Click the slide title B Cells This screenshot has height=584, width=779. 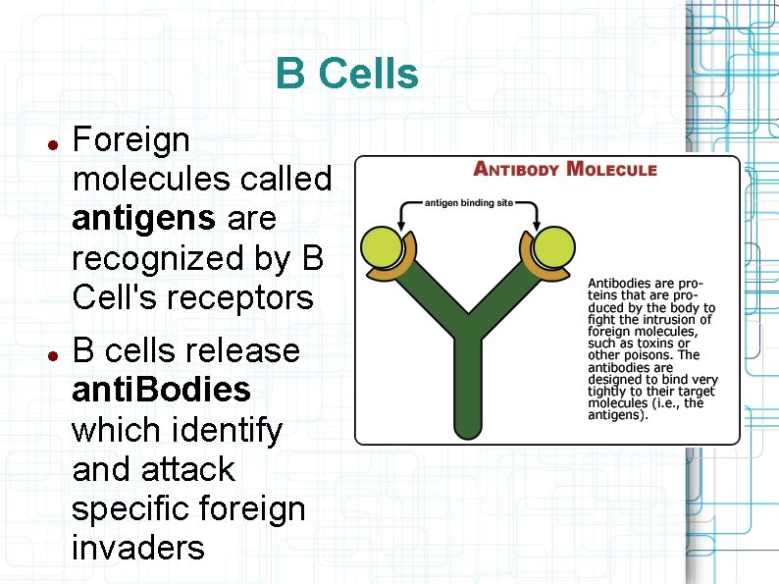tap(346, 75)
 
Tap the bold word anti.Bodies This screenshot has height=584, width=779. tap(162, 390)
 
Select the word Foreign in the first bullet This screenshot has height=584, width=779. tap(131, 140)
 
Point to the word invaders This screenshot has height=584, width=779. tap(138, 548)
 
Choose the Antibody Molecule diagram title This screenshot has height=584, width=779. tap(565, 169)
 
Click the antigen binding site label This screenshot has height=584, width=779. tap(468, 203)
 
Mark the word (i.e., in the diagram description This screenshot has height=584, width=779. tap(667, 402)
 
